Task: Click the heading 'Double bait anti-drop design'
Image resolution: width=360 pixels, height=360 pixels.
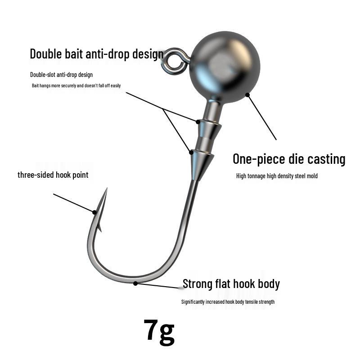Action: tap(97, 54)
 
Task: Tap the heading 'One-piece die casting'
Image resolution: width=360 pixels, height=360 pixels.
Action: tap(289, 159)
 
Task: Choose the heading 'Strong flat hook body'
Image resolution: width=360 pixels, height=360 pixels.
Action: tap(231, 284)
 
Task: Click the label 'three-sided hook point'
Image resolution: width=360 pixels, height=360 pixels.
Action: tap(53, 175)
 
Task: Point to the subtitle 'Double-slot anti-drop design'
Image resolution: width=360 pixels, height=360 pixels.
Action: tap(61, 75)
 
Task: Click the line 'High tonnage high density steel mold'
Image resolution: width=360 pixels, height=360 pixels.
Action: tap(277, 176)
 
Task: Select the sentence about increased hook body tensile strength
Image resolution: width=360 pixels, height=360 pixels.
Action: tap(228, 302)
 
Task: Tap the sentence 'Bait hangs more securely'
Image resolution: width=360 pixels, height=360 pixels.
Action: tap(76, 85)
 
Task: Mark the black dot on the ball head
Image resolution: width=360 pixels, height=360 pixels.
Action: tap(247, 95)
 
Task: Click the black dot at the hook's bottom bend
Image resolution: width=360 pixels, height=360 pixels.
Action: tap(135, 283)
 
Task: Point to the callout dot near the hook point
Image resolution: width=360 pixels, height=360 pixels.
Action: tap(95, 212)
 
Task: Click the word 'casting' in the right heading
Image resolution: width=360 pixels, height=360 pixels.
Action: tap(327, 159)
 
